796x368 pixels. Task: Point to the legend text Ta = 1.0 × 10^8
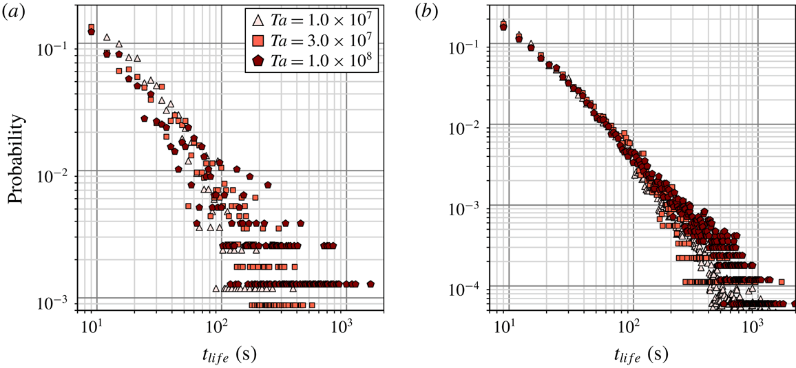coord(324,60)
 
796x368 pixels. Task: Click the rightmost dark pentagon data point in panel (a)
coord(370,283)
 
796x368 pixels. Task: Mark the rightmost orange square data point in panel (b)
coord(782,281)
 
